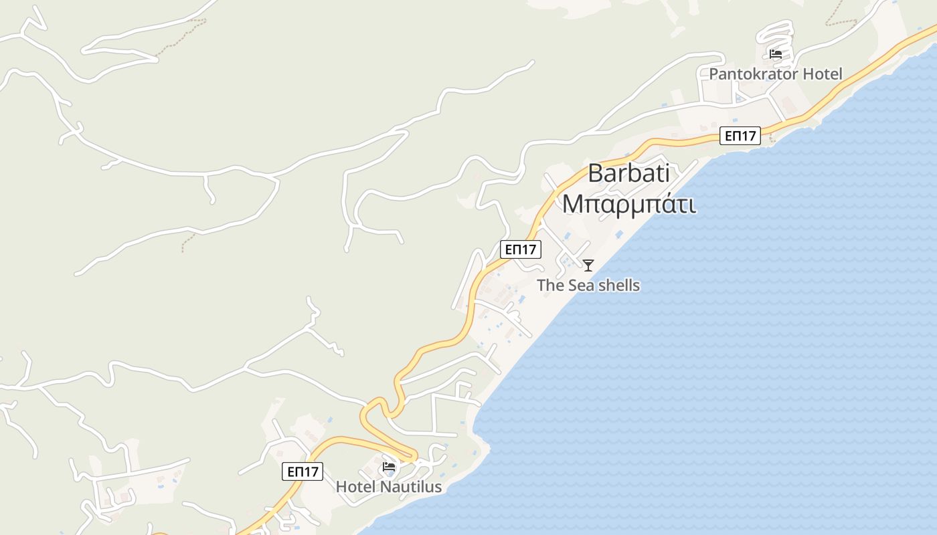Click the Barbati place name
coord(628,174)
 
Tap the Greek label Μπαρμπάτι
coord(628,203)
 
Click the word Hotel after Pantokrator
coord(823,74)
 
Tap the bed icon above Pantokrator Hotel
coord(776,54)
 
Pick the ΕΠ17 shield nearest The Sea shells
coord(521,249)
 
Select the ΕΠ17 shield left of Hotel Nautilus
coord(303,471)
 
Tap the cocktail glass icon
coord(588,265)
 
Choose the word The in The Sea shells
coord(550,286)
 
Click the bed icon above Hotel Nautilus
coord(389,467)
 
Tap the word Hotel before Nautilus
coord(356,487)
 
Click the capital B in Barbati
coord(594,174)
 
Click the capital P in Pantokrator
coord(713,74)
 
